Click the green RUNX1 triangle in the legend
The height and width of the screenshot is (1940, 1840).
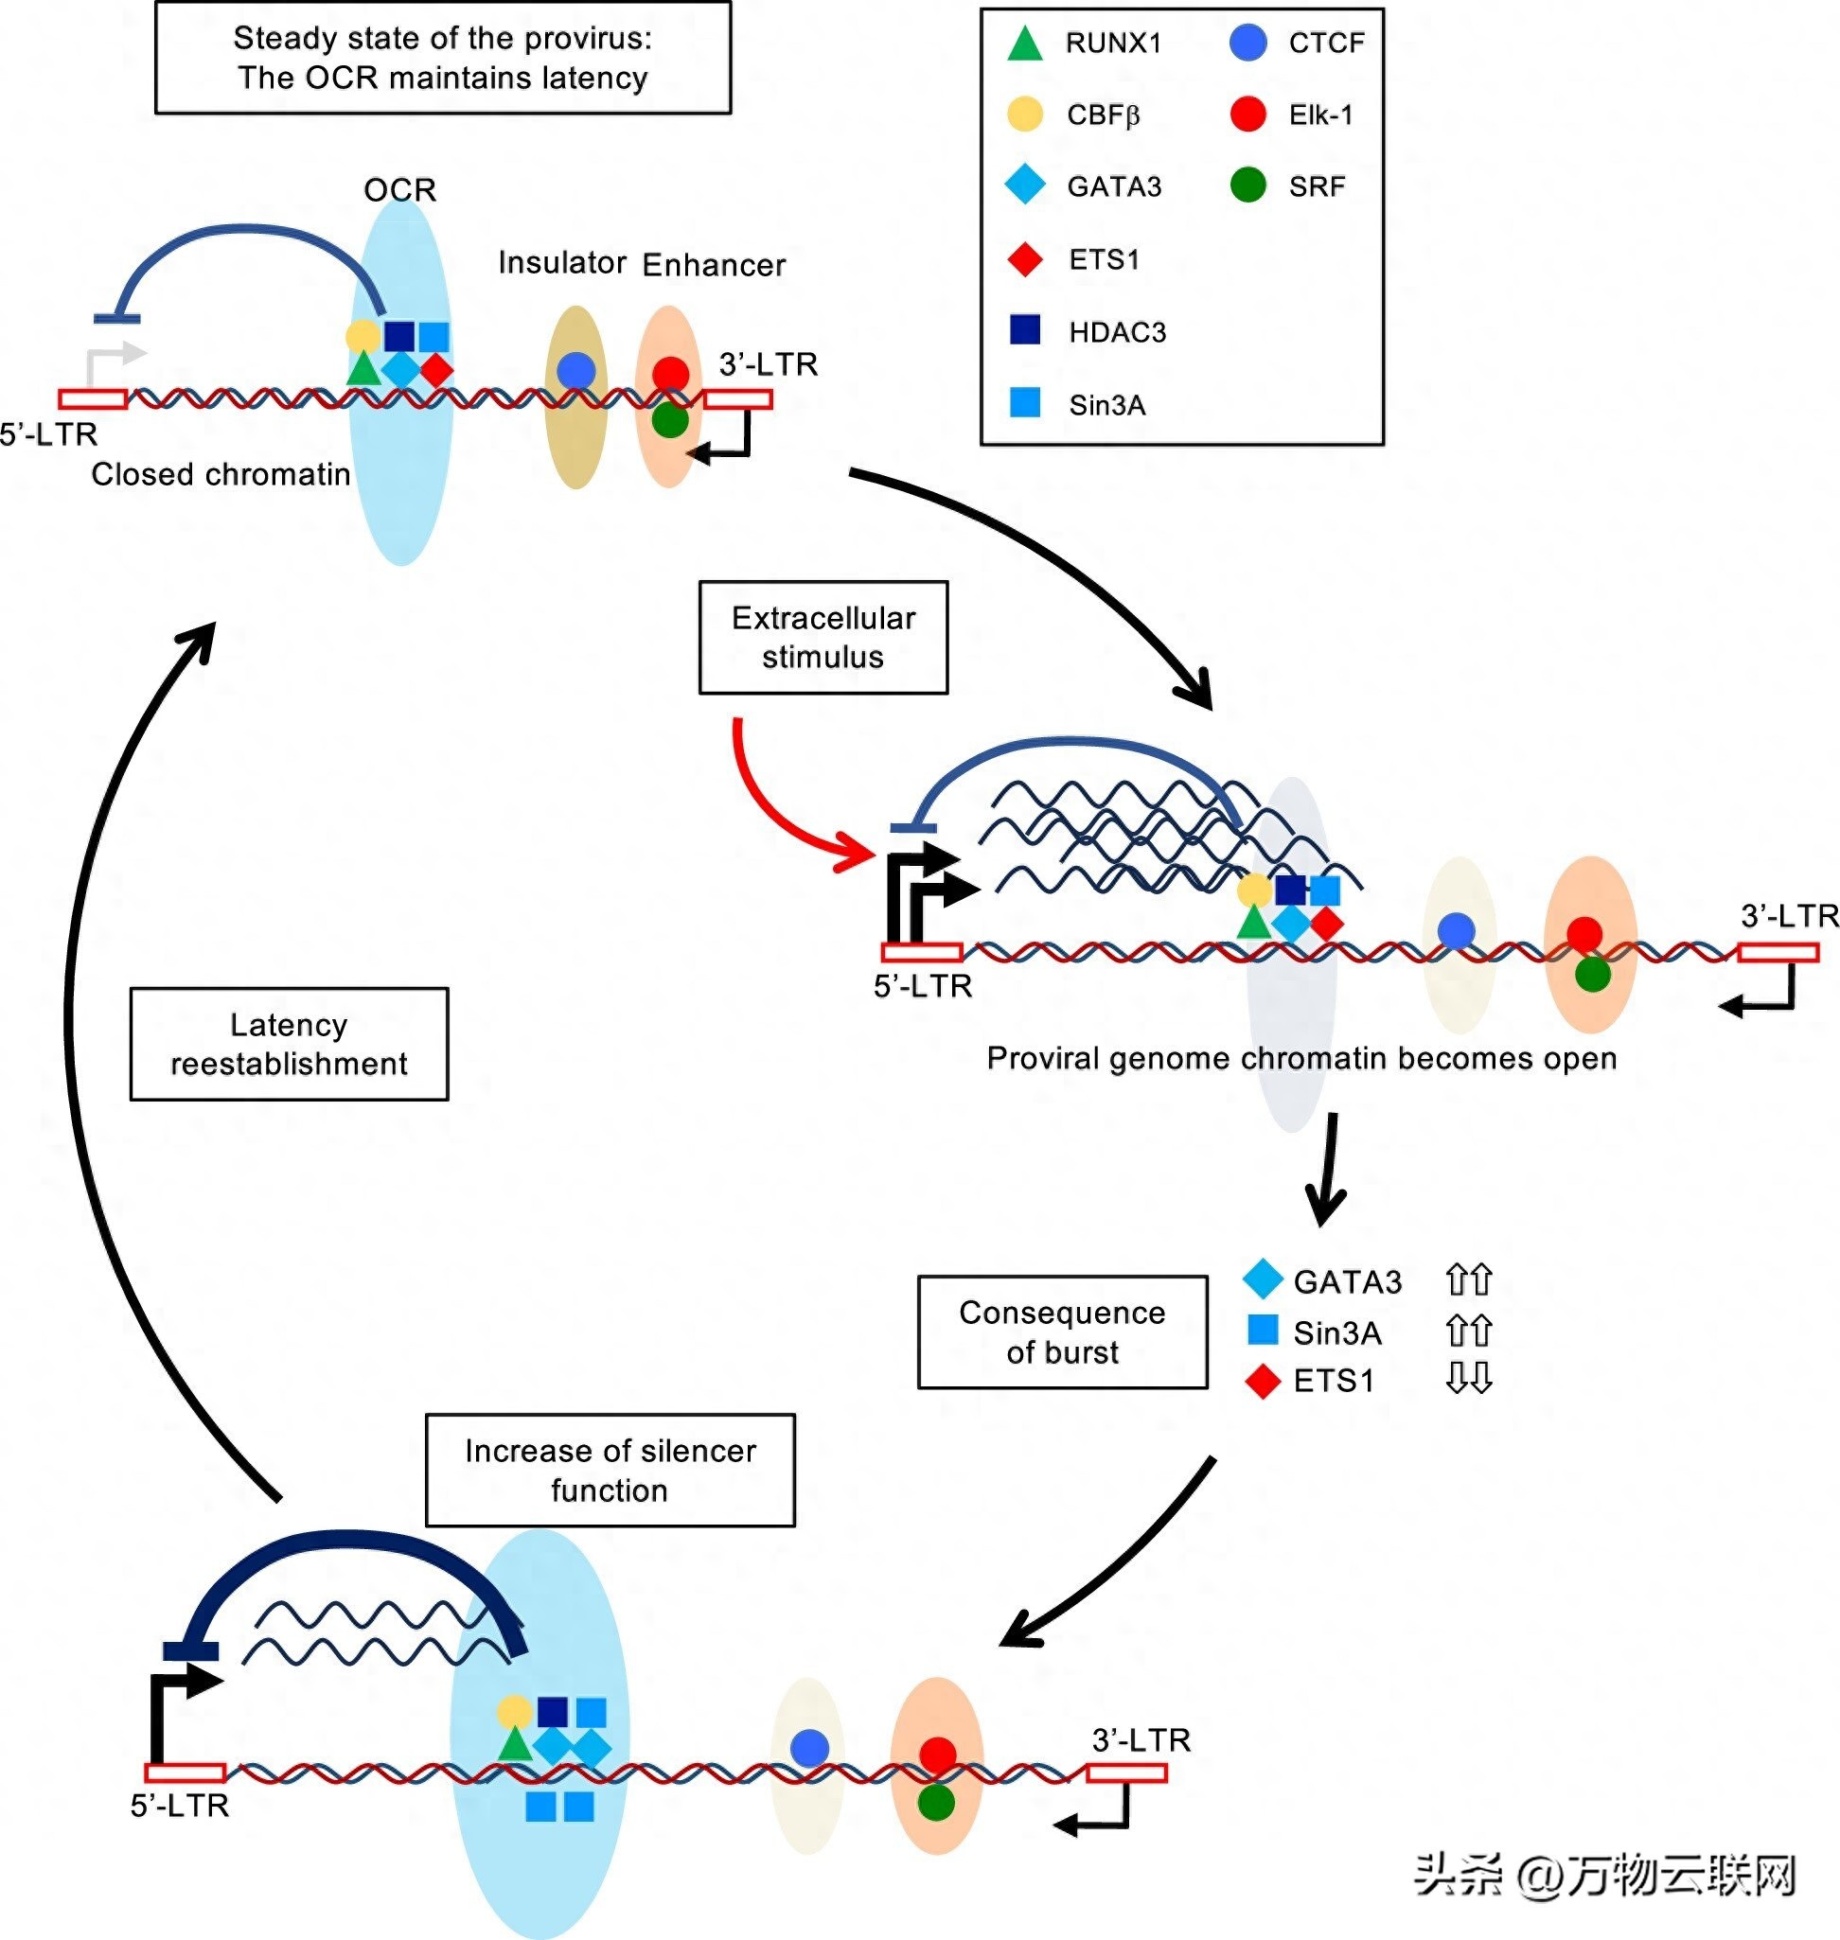pos(1025,44)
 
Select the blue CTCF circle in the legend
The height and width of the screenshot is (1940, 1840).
pos(1247,43)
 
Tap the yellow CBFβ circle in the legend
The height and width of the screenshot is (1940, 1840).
pos(1025,114)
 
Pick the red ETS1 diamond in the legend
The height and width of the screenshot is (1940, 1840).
pos(1025,259)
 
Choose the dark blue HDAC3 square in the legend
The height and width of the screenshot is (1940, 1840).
pos(1025,329)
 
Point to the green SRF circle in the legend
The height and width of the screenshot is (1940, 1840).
pos(1247,185)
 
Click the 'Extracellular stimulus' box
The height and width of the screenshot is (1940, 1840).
pos(823,638)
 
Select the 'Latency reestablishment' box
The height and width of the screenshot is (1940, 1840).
pos(290,1044)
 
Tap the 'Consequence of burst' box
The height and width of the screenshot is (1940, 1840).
pos(1062,1332)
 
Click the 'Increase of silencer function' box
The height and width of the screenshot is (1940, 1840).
pos(610,1470)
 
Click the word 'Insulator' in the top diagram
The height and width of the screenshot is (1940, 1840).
pos(562,263)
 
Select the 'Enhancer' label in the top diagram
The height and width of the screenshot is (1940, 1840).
pos(714,265)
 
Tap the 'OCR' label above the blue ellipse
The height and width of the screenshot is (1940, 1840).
pos(399,189)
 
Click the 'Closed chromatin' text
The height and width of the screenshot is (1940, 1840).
pos(221,475)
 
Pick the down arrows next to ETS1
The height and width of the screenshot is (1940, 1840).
pos(1468,1379)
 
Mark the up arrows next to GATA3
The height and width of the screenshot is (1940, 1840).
pos(1468,1280)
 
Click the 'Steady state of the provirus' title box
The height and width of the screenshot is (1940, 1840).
pos(442,58)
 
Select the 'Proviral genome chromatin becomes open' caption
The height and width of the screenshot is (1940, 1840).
pos(1301,1058)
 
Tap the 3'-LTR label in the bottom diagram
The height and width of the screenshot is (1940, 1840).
pos(1141,1740)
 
